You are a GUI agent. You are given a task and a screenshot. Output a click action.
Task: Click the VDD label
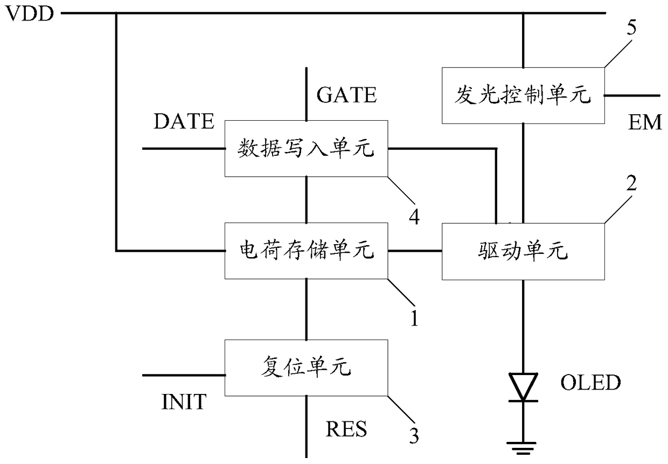point(30,13)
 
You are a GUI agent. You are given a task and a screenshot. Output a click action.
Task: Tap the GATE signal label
point(346,95)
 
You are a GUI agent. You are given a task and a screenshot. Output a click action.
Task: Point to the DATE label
point(184,121)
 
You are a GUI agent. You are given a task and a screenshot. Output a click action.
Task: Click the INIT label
point(184,401)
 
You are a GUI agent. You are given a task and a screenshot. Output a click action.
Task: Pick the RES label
point(346,429)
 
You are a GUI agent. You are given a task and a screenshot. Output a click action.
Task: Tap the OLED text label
point(590,382)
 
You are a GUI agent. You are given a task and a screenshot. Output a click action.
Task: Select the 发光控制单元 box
point(523,95)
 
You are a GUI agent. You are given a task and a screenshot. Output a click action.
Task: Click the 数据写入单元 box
point(307,149)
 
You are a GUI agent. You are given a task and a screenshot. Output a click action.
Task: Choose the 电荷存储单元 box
point(307,251)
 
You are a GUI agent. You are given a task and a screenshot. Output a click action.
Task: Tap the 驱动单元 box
point(523,252)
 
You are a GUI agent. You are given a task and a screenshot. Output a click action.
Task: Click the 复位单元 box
point(307,368)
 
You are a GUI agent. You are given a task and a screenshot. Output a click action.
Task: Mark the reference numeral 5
point(631,27)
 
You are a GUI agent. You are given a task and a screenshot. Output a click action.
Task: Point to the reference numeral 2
point(631,183)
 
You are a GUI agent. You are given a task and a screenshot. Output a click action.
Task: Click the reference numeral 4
point(414,217)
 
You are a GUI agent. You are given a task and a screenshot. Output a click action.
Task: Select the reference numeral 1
point(414,318)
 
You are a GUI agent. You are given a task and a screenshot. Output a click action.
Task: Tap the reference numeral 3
point(414,435)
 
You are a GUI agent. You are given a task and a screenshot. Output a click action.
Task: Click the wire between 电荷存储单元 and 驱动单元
point(415,251)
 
